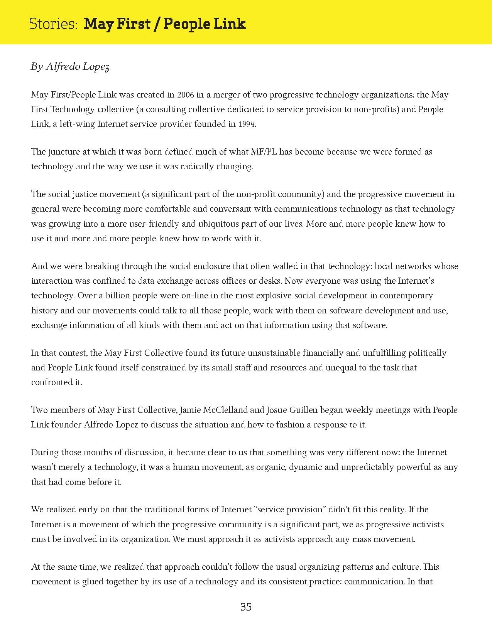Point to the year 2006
(185, 95)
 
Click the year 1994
(247, 124)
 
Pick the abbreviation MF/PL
(264, 152)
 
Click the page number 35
(246, 607)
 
